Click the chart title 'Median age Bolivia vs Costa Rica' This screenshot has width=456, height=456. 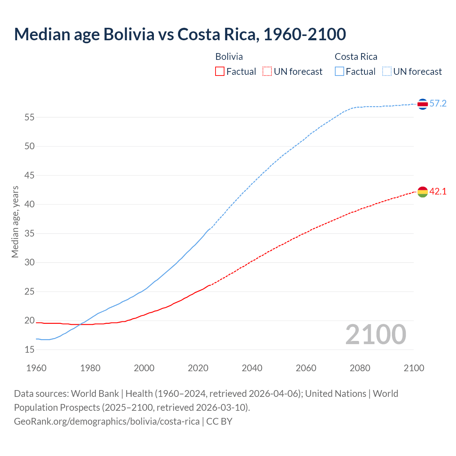180,34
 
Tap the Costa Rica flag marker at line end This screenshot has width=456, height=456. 422,104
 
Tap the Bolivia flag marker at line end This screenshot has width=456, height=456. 422,192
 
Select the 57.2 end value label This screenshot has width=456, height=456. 438,104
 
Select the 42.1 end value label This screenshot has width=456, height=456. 438,192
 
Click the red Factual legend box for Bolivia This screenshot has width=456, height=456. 220,72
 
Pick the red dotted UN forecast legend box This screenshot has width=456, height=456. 267,72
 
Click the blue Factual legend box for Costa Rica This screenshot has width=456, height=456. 340,72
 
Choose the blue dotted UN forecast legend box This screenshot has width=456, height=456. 387,72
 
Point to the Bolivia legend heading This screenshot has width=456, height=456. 229,57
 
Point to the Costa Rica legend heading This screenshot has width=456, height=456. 356,57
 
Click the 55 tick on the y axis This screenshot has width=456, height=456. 30,117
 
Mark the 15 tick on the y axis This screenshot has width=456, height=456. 30,350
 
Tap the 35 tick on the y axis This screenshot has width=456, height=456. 30,234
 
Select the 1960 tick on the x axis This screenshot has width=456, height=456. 36,368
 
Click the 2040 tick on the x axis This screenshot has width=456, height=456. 252,368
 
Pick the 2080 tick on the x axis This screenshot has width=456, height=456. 360,368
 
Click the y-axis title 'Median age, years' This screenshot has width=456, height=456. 15,222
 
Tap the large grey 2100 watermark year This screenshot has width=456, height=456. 376,335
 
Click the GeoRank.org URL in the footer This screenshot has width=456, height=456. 107,421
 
